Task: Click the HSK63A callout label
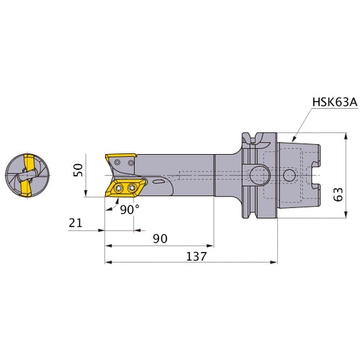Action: tap(335, 102)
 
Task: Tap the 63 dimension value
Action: tap(338, 194)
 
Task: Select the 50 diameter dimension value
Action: tap(78, 170)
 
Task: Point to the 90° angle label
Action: tap(130, 210)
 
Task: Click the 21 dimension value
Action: tap(76, 223)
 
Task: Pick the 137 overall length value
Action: tap(196, 256)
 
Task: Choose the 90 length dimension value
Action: tap(160, 238)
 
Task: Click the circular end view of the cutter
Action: tap(27, 175)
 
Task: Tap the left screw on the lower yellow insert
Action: tap(119, 188)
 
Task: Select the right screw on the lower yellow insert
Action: tap(132, 188)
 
